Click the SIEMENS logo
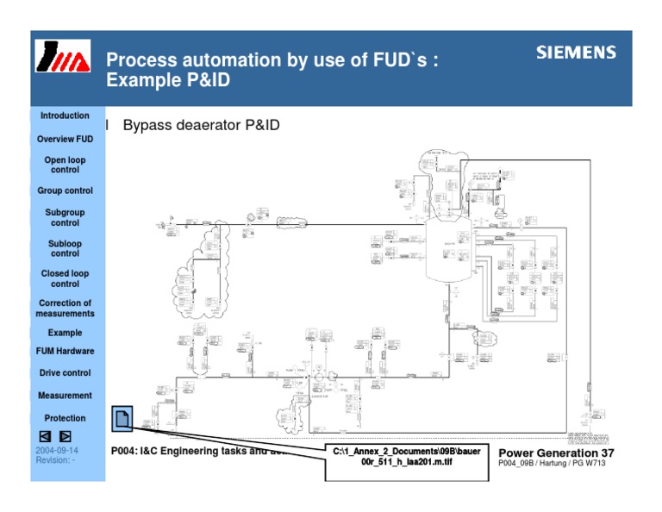coord(576,53)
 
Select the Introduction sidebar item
coord(65,116)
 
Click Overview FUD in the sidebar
coord(65,140)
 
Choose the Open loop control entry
coord(65,165)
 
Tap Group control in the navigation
coord(65,190)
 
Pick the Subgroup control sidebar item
coord(65,217)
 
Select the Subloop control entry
coord(65,248)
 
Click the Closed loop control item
coord(65,278)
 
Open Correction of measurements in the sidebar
coord(65,309)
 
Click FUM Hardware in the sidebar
coord(65,352)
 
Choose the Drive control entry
coord(65,373)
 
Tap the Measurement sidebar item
coord(65,396)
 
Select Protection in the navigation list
coord(65,418)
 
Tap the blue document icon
coord(122,420)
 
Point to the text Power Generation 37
coord(556,453)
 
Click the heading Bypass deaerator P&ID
coord(202,126)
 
